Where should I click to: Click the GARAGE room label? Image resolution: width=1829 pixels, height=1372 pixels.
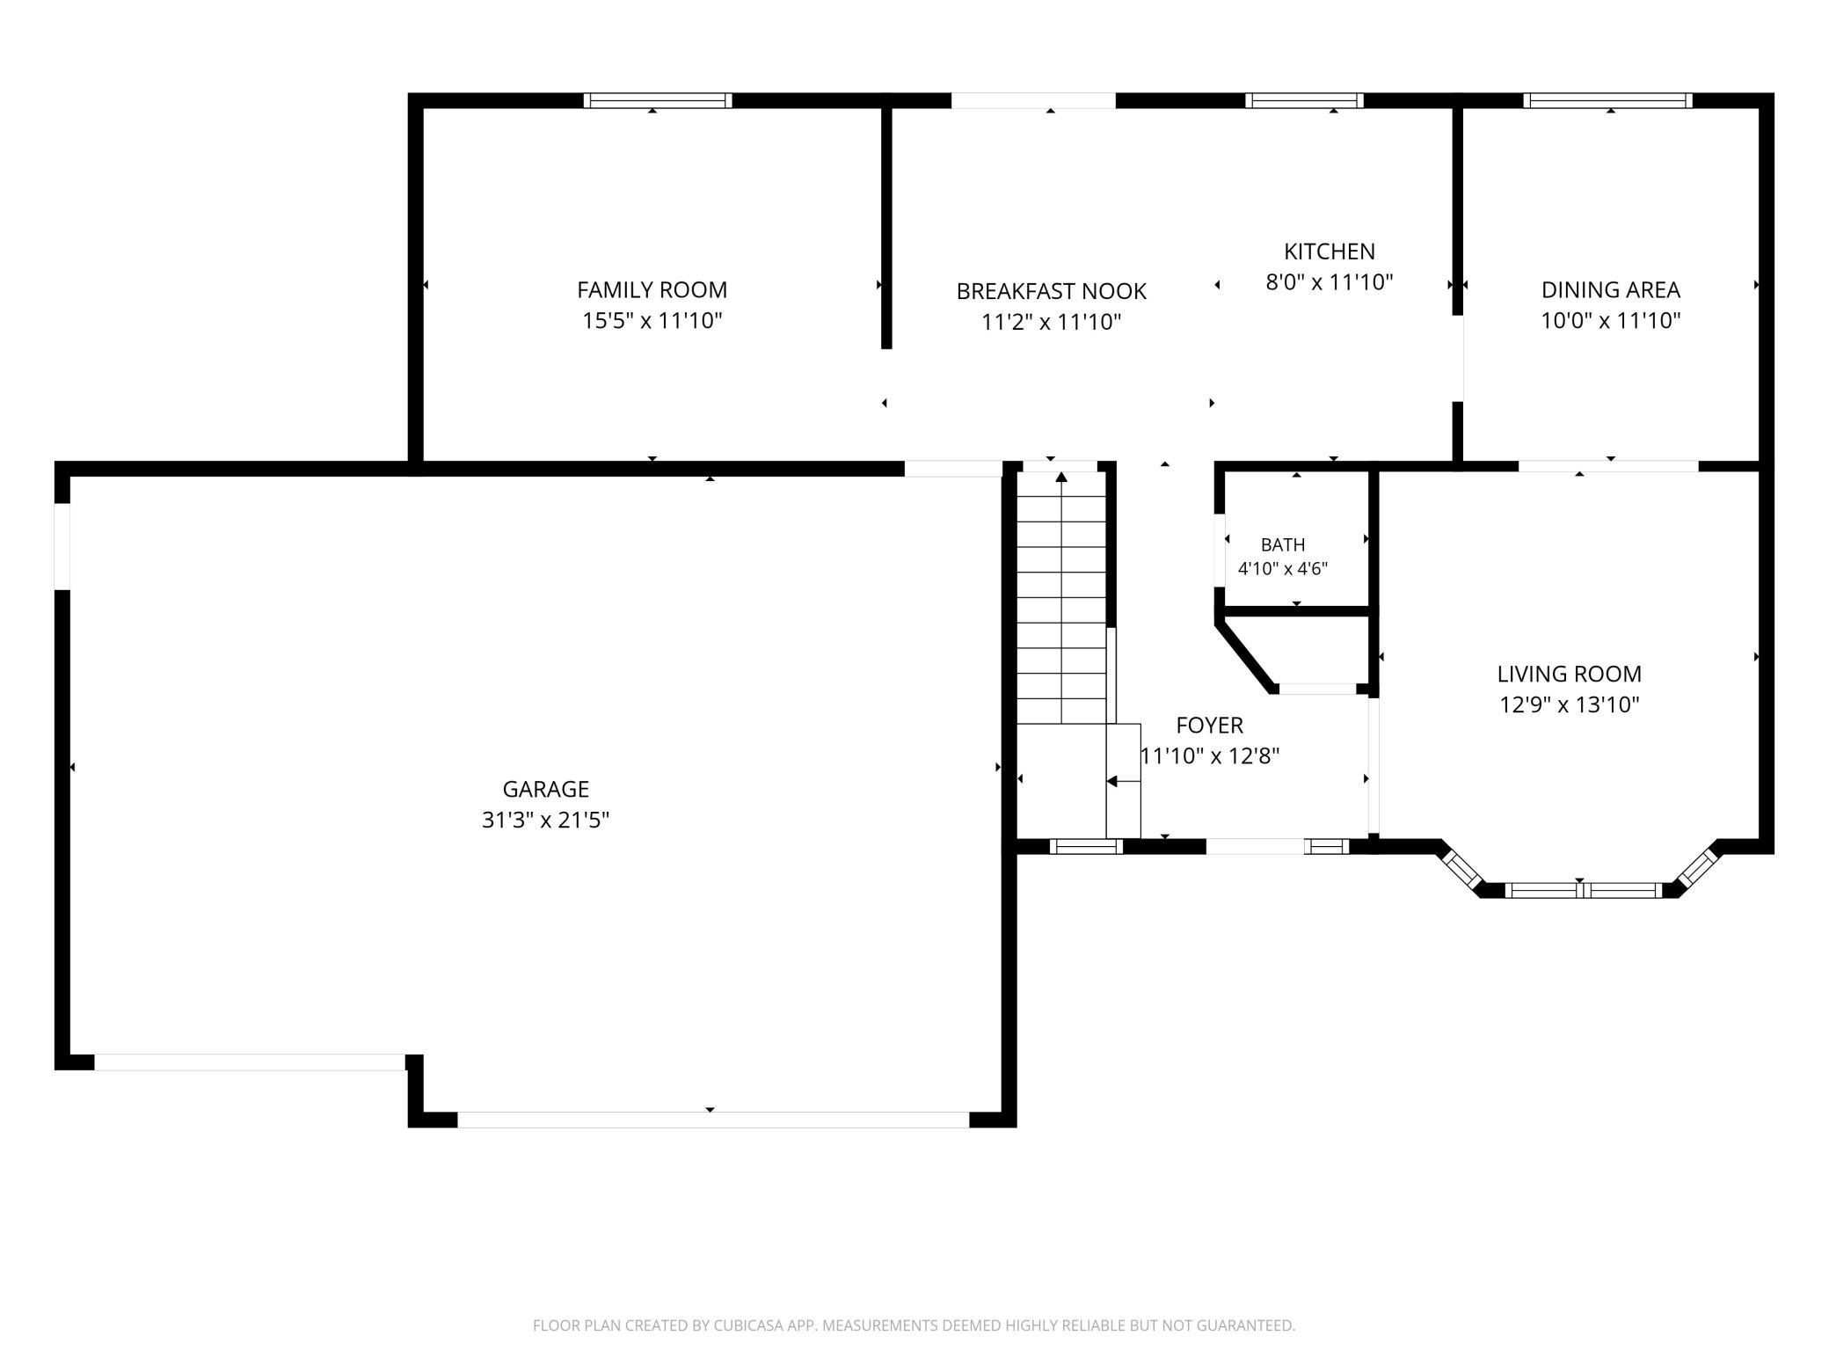pos(545,789)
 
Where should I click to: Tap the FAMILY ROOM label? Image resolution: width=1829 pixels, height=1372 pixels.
pos(652,289)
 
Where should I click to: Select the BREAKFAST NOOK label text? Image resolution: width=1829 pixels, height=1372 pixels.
pos(1051,291)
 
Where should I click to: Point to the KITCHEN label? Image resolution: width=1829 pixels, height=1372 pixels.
pos(1329,252)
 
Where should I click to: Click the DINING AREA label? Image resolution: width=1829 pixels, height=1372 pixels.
pos(1610,289)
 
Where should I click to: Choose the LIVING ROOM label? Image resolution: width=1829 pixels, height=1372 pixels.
pos(1569,674)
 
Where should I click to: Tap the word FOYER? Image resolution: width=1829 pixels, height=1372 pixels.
pos(1209,725)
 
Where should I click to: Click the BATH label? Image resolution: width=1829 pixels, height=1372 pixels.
pos(1282,544)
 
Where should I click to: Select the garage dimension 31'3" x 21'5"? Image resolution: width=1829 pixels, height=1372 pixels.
pos(545,820)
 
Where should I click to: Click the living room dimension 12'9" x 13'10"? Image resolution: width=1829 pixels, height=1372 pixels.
pos(1569,704)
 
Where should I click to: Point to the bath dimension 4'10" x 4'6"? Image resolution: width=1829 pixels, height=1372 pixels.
pos(1282,568)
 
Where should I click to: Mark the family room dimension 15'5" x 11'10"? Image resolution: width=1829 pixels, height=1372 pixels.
pos(652,320)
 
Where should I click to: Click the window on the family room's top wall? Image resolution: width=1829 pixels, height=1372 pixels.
pos(658,100)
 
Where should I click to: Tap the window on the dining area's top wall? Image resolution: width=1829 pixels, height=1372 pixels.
pos(1607,100)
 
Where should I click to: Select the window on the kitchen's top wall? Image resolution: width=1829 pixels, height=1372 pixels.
pos(1304,100)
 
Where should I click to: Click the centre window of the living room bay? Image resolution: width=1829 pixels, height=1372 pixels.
pos(1583,890)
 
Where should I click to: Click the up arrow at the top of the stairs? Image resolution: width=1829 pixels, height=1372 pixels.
pos(1061,478)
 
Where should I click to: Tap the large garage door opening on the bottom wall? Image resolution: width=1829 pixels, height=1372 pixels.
pos(713,1120)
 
